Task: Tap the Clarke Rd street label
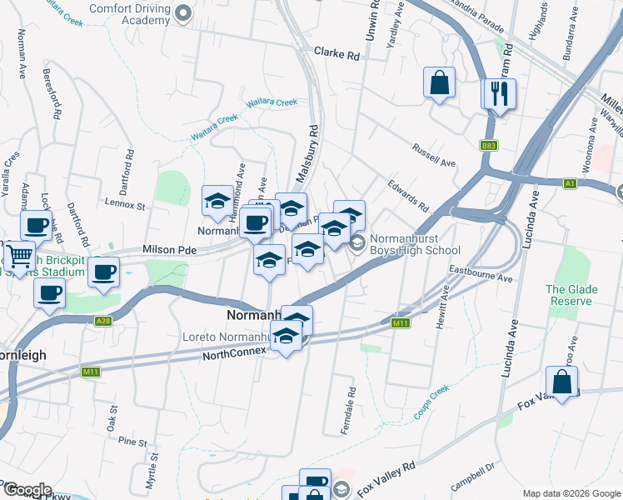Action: [x=336, y=52]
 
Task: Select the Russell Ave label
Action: [x=434, y=154]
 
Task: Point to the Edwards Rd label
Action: [x=407, y=194]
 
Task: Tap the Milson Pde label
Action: [x=169, y=249]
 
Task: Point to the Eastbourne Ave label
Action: [x=481, y=275]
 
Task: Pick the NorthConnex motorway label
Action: [x=233, y=354]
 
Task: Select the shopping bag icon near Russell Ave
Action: [x=439, y=82]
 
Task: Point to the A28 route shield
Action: [x=103, y=321]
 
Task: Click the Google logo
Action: [x=27, y=490]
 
